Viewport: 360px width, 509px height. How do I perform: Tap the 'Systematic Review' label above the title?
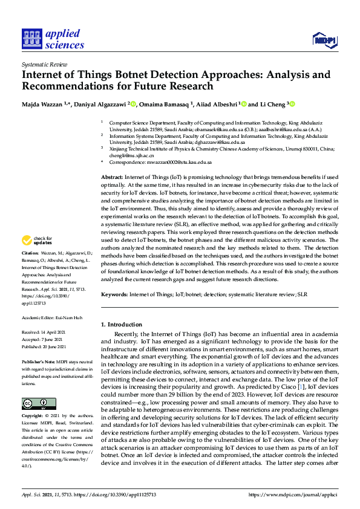(42, 63)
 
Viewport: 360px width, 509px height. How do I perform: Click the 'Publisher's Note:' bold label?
(38, 361)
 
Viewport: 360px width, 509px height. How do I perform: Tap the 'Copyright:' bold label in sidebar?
(32, 417)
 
